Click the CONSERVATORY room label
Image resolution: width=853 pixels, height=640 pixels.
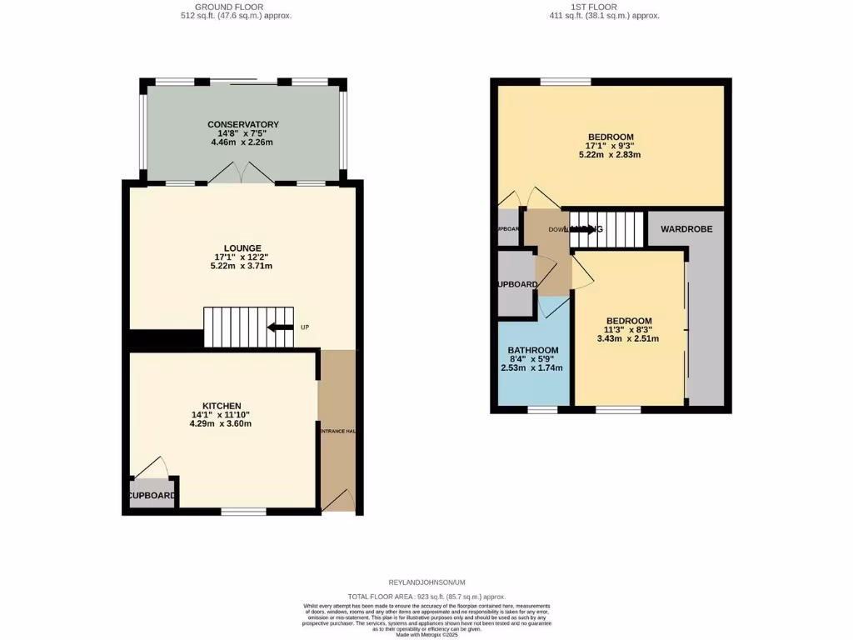(x=242, y=124)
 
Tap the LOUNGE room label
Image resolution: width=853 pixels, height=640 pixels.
(x=242, y=247)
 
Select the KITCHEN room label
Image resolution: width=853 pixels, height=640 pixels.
(x=221, y=406)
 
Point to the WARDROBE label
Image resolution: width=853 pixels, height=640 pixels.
(x=686, y=228)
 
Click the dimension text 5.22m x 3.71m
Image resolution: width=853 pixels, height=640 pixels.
(x=242, y=266)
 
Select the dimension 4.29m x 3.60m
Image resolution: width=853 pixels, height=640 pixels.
(x=221, y=424)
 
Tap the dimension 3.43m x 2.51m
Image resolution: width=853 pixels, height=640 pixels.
(x=629, y=339)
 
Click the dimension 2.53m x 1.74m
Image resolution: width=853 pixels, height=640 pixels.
(x=531, y=367)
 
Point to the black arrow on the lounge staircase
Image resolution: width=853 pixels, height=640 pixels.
(x=279, y=327)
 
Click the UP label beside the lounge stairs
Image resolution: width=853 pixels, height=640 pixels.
(x=305, y=327)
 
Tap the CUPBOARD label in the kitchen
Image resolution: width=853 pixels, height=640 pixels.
(x=152, y=495)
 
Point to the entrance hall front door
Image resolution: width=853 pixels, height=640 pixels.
(x=338, y=501)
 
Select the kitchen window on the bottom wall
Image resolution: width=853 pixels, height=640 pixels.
(x=243, y=511)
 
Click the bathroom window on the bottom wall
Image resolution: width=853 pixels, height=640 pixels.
(x=542, y=409)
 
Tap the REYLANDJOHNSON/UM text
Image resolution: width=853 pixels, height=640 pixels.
(x=426, y=582)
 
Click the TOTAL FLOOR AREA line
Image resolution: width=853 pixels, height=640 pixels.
(x=426, y=597)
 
